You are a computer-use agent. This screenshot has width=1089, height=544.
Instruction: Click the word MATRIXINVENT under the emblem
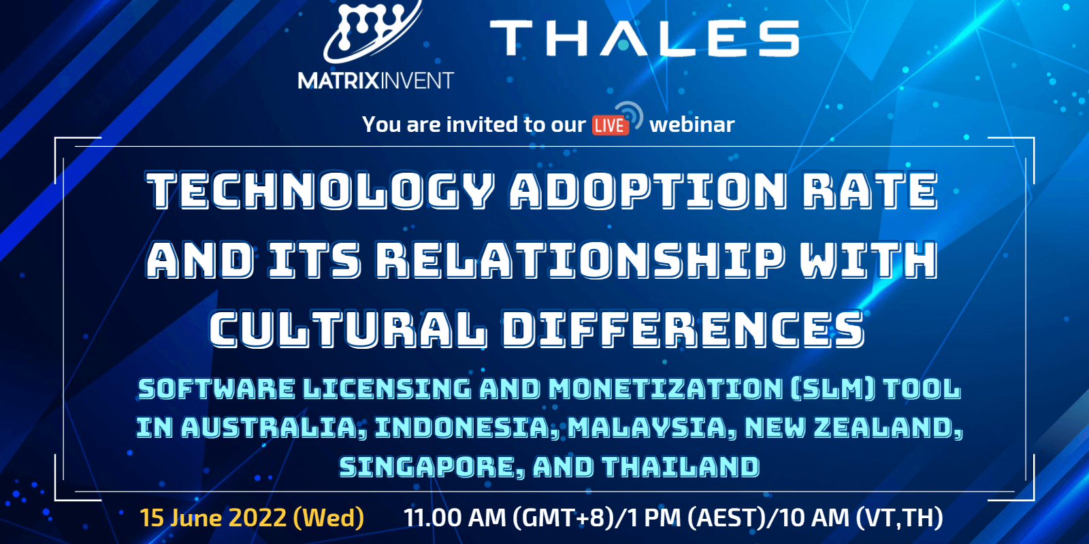tap(375, 81)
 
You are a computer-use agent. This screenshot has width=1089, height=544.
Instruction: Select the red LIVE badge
tap(609, 126)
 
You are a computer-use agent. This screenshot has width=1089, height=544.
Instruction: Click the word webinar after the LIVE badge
tap(692, 124)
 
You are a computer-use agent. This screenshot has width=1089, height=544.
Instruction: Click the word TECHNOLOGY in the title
tap(320, 190)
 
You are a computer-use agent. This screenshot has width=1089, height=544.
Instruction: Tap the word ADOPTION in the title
tap(648, 190)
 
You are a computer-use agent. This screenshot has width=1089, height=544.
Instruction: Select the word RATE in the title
tap(870, 190)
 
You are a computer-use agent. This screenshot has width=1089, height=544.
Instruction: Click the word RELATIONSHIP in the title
tap(581, 260)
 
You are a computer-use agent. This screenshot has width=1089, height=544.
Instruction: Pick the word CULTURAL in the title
tap(348, 329)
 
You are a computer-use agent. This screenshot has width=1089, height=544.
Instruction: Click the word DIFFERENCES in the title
tap(683, 329)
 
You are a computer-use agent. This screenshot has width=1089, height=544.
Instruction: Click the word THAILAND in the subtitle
tap(681, 467)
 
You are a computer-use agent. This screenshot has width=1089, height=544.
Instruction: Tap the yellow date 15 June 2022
tap(213, 518)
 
